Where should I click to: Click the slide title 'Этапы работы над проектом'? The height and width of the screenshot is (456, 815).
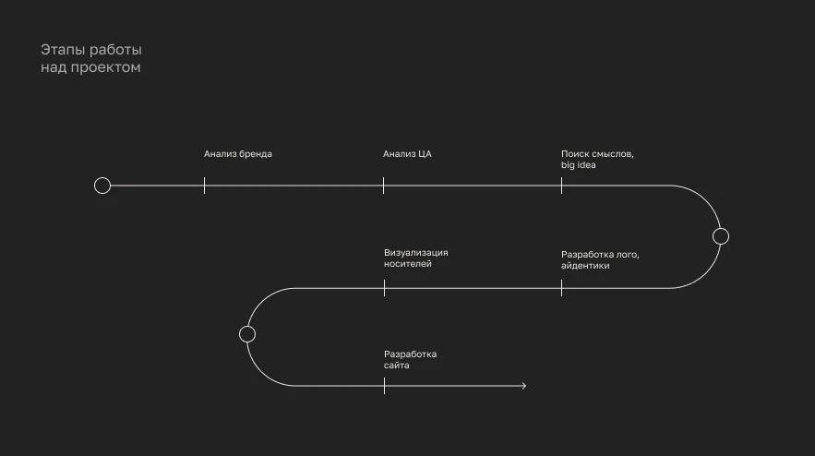(91, 58)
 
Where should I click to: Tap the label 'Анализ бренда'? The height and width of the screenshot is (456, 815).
(237, 154)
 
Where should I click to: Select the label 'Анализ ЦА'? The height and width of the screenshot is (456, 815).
(407, 154)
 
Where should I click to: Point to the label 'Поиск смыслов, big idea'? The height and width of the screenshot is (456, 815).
(597, 159)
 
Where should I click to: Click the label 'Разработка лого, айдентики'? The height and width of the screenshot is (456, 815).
(600, 260)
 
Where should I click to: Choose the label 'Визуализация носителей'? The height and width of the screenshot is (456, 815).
(416, 258)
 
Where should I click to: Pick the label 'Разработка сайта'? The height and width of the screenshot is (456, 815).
(410, 359)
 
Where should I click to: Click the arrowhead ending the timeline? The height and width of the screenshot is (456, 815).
(524, 386)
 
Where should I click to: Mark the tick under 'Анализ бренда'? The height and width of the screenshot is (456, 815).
(204, 186)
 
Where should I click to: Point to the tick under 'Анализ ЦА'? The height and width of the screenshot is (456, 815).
(384, 186)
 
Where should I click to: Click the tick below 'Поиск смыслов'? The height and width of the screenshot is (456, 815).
(562, 186)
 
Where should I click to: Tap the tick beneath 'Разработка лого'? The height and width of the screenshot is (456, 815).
(562, 288)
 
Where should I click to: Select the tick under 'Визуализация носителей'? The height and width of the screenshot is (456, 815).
(385, 288)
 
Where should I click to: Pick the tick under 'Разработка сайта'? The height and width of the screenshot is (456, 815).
(385, 386)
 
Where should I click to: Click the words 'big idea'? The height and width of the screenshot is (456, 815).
(578, 165)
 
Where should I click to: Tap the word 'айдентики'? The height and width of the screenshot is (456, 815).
(585, 266)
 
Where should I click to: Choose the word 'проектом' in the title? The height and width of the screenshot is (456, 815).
(105, 67)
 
